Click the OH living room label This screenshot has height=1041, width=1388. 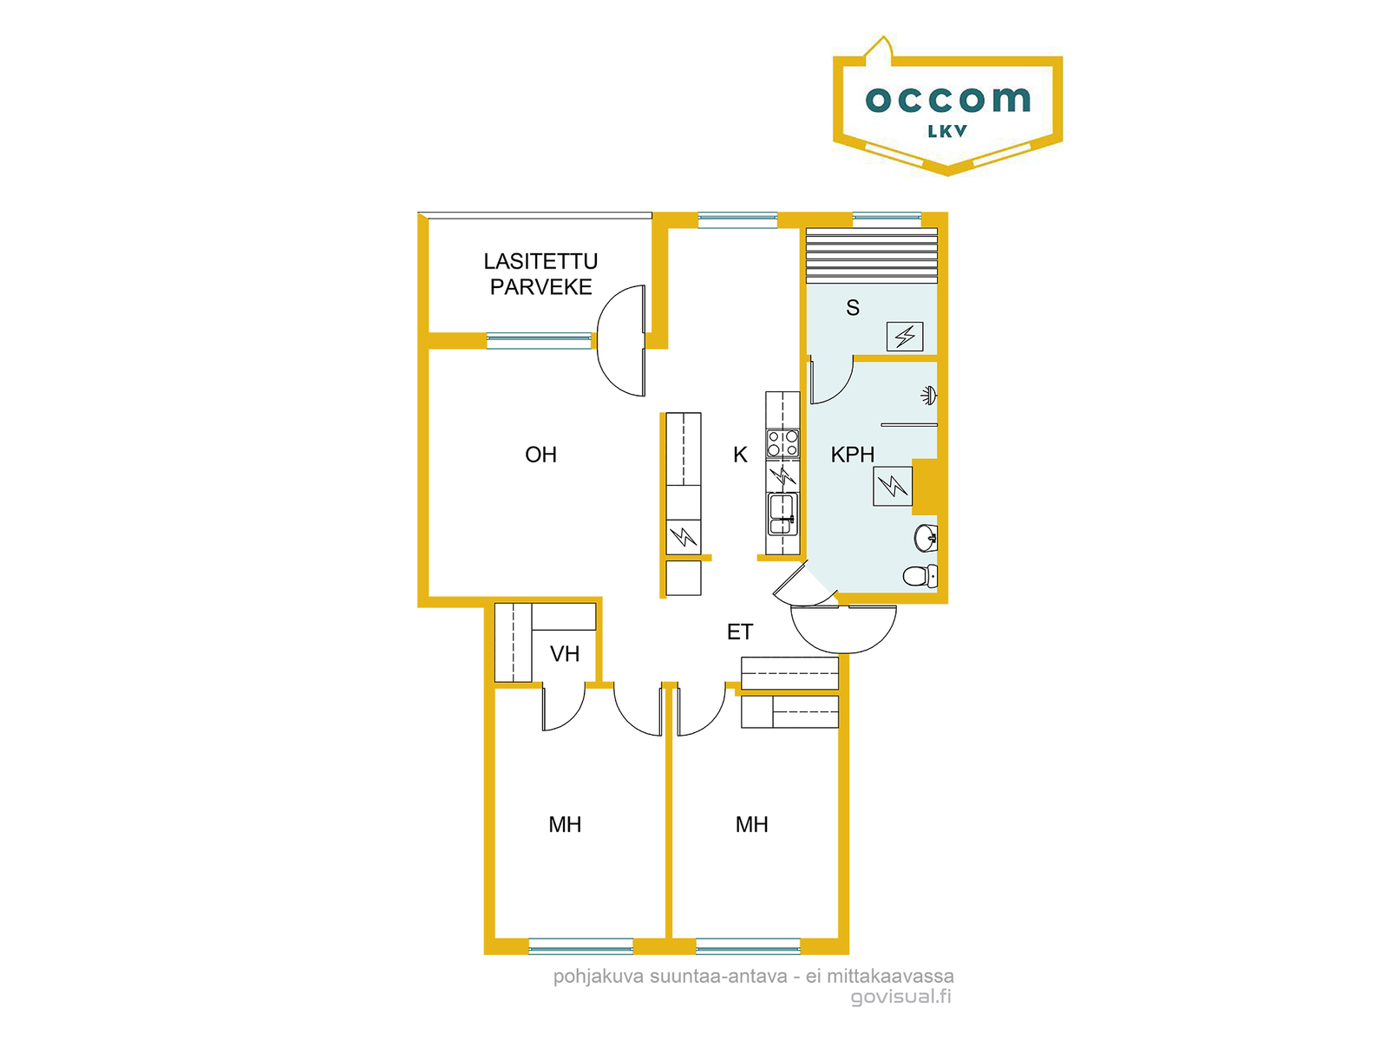pos(540,455)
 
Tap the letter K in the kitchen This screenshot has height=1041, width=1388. pos(740,455)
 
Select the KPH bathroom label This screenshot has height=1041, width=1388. pos(853,455)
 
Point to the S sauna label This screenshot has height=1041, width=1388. pos(853,308)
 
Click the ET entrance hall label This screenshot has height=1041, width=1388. pos(740,632)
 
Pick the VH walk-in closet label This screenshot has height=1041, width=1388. pos(565,653)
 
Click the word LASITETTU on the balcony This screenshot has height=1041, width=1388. pos(540,261)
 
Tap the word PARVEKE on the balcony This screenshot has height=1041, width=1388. pos(540,287)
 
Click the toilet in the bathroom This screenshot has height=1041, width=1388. pos(920,576)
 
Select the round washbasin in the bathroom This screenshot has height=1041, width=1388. pos(926,538)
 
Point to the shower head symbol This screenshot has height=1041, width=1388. pos(929,395)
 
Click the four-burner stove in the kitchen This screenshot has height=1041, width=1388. pos(782,443)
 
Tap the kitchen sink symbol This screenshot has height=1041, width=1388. pos(782,514)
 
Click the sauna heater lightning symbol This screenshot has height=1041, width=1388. pos(905,337)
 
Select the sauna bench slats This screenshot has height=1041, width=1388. pos(871,256)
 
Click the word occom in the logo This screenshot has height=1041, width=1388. pos(948,99)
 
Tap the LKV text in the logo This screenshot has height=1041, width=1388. pos(947,132)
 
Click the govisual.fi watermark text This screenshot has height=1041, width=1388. pos(900,997)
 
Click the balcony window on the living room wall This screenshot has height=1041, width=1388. pos(539,341)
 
